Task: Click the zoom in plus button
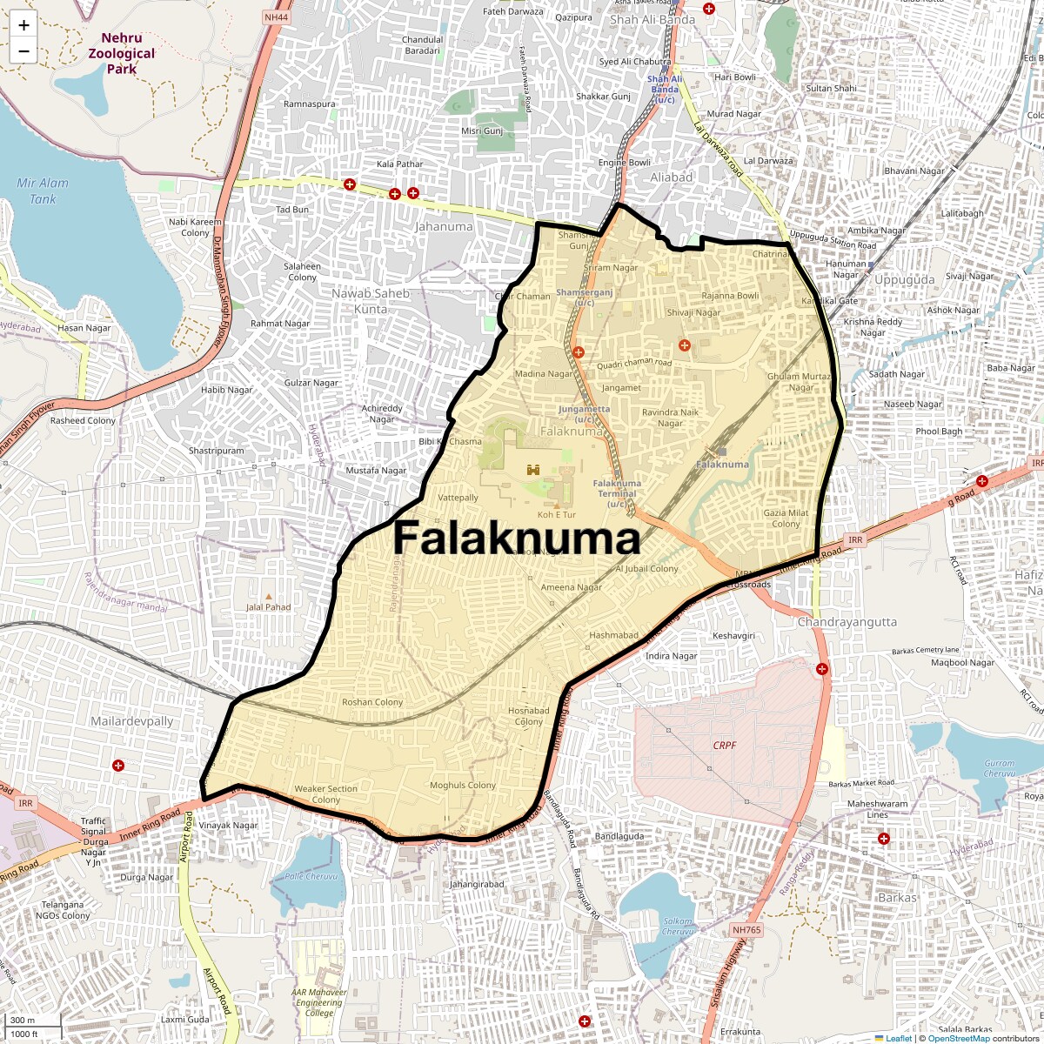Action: pyautogui.click(x=23, y=25)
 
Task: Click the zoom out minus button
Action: pyautogui.click(x=23, y=51)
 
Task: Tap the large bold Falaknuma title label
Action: pyautogui.click(x=517, y=539)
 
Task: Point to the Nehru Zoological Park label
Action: pyautogui.click(x=121, y=53)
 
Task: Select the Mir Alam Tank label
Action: pyautogui.click(x=43, y=191)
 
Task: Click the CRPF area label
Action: pyautogui.click(x=725, y=746)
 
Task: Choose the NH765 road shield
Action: pyautogui.click(x=746, y=930)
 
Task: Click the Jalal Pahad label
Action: pyautogui.click(x=268, y=607)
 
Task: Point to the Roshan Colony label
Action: pyautogui.click(x=372, y=702)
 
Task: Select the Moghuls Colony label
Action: pyautogui.click(x=463, y=786)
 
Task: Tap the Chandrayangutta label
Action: pyautogui.click(x=847, y=622)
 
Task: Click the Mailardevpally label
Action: pyautogui.click(x=132, y=721)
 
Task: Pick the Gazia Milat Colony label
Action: pyautogui.click(x=786, y=519)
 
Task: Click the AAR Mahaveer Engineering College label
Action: pyautogui.click(x=319, y=1002)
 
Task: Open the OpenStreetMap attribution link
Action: pyautogui.click(x=958, y=1038)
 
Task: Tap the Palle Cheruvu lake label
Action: pyautogui.click(x=311, y=876)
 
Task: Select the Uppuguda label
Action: pyautogui.click(x=904, y=280)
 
